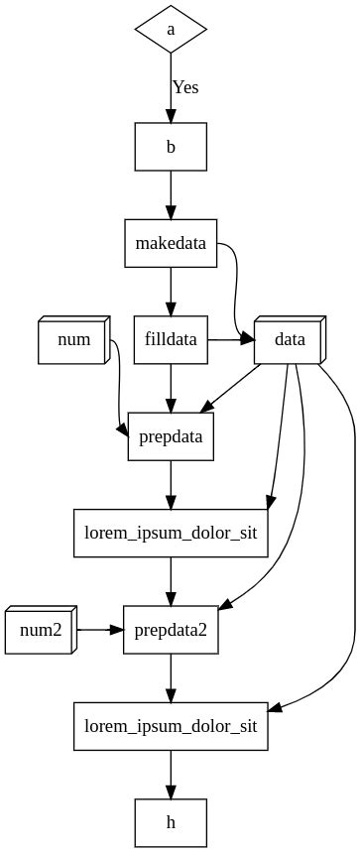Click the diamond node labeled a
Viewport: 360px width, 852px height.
(171, 30)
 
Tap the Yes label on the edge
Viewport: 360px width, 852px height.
(185, 87)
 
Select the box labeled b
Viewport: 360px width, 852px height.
(171, 148)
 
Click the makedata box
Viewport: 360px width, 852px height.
(171, 244)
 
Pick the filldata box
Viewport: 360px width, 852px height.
(171, 340)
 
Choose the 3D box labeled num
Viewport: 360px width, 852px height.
(74, 340)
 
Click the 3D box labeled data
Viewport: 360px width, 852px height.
(289, 340)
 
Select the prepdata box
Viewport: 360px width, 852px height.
(171, 436)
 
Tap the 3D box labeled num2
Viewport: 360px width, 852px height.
(40, 630)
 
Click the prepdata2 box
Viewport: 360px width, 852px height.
(171, 630)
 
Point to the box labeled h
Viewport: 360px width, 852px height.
(171, 822)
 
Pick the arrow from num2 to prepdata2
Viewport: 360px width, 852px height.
(99, 630)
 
